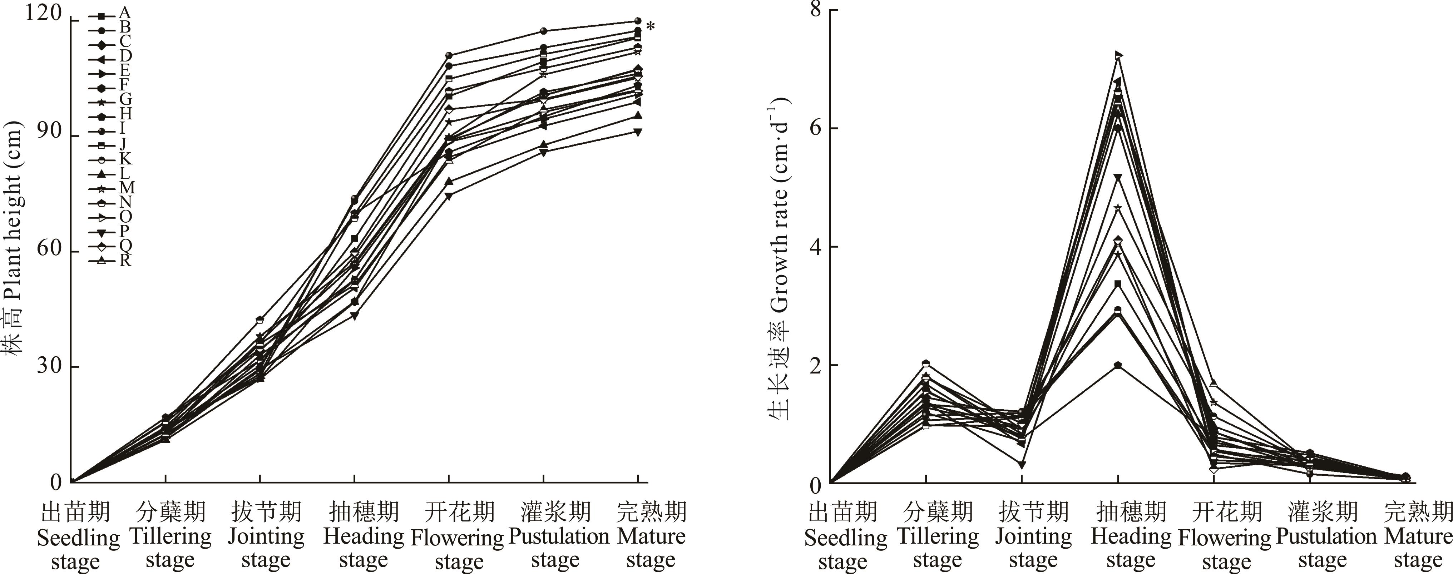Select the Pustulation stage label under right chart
coord(1325,536)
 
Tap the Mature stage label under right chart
coord(1418,536)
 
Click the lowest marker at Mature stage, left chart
coord(638,132)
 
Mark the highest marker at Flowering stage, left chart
coord(449,55)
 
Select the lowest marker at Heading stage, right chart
coord(1118,365)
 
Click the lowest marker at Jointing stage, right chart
coord(1022,465)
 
